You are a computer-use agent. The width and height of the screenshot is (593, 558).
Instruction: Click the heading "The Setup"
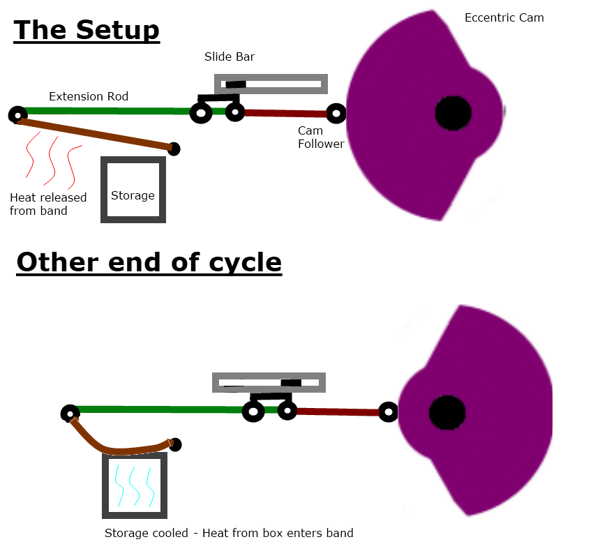coord(87,31)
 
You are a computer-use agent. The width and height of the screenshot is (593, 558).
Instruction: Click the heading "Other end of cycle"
coord(149,262)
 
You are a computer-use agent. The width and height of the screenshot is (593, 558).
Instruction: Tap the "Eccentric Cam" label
coord(504,17)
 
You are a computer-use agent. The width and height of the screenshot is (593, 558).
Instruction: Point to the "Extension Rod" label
coord(89,96)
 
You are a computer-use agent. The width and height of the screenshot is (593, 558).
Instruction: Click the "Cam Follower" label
coord(321,137)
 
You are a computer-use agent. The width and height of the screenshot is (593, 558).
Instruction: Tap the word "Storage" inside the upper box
coord(133,195)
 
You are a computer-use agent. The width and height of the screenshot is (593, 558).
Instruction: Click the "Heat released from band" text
coord(48,204)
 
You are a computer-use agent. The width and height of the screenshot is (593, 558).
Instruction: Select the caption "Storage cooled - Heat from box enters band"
coord(229,533)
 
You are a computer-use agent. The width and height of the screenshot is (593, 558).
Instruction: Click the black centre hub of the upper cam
coord(453,112)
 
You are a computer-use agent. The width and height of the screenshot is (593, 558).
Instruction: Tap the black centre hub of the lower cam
coord(447,412)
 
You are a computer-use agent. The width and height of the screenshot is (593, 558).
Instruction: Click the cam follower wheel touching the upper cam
coord(336,113)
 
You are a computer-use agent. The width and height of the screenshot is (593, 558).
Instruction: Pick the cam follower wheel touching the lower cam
coord(389,412)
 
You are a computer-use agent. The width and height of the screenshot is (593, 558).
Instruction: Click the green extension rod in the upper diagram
coord(105,111)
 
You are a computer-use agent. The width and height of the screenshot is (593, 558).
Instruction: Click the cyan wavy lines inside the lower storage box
coord(134,485)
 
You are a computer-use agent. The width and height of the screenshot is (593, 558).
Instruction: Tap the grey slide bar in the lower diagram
coord(269,382)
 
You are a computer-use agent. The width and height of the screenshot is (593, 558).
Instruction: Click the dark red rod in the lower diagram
coord(338,412)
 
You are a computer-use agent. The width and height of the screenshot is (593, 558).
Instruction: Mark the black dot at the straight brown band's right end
coord(174,149)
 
